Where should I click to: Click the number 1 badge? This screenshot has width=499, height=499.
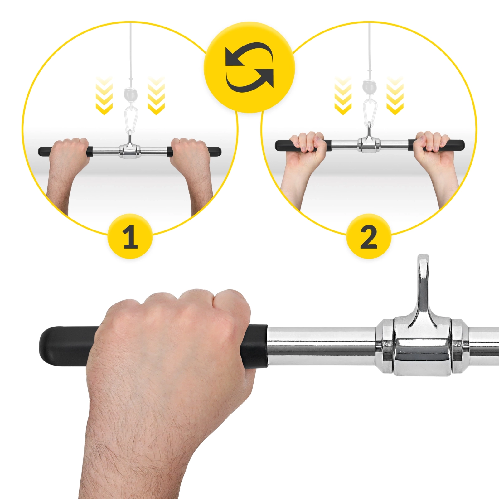(x=130, y=236)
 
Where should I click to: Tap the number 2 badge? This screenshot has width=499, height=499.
(x=369, y=236)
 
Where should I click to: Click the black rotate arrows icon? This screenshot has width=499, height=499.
(x=249, y=67)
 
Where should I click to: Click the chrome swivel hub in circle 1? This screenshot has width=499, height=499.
(x=130, y=151)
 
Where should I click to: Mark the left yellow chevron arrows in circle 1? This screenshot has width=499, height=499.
(x=104, y=95)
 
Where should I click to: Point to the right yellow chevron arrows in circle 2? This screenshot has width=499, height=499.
(x=395, y=95)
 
